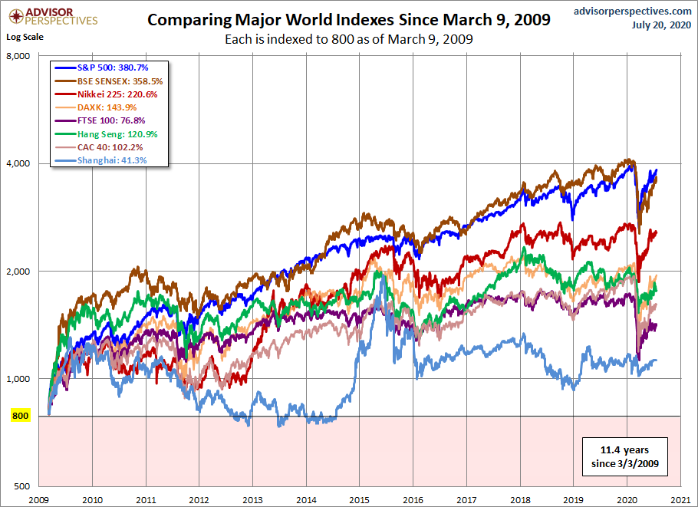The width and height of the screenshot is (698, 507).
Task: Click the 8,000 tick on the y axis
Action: pos(18,56)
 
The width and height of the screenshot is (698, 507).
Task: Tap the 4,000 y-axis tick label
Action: pos(18,163)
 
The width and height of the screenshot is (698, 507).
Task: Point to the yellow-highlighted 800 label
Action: pos(20,416)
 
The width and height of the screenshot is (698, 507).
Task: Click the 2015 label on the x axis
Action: pos(357,499)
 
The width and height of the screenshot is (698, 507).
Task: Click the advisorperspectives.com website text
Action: pos(632,11)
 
